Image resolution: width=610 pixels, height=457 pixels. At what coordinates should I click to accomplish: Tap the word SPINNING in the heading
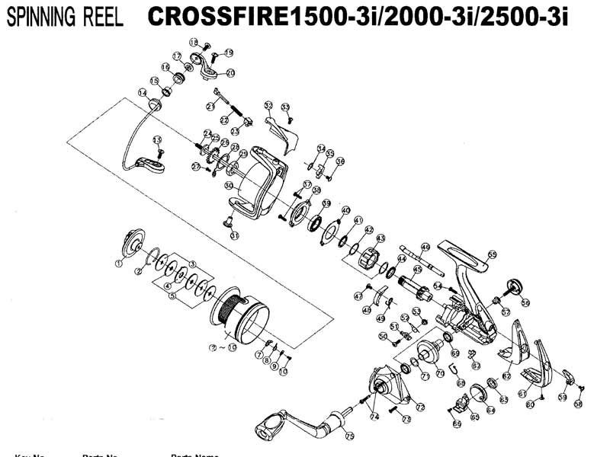point(38,19)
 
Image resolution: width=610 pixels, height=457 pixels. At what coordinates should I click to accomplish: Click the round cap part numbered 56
point(513,288)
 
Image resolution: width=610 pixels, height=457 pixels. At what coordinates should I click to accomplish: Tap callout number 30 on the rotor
point(228,185)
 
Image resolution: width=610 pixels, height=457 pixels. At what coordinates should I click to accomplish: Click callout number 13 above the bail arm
point(158,140)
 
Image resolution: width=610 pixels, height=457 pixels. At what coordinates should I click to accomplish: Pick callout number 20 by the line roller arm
point(230,73)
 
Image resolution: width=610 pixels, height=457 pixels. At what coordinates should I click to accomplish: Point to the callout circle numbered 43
point(380,238)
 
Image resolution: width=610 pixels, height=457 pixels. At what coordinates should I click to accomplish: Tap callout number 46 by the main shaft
point(367,309)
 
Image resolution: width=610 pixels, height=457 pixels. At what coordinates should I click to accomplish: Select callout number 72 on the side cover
point(420,407)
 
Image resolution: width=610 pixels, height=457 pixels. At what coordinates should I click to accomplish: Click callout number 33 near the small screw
point(285,107)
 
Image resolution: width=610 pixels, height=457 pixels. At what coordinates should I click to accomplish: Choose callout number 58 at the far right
point(578,404)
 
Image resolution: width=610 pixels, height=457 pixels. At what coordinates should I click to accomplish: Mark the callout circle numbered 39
point(326,203)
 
